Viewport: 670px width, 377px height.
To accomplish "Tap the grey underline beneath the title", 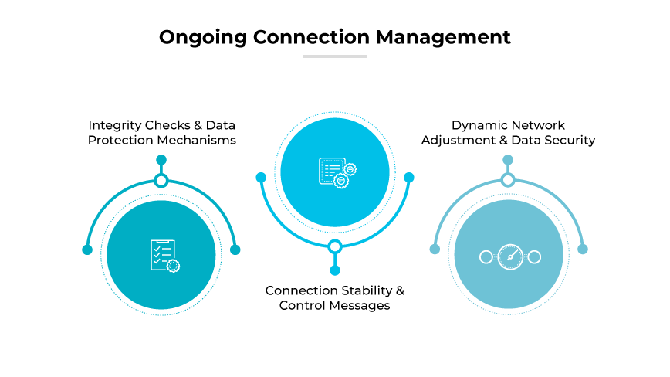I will (x=334, y=56).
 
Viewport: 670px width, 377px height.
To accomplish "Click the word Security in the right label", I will (x=568, y=140).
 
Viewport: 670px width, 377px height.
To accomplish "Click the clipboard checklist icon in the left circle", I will (x=162, y=255).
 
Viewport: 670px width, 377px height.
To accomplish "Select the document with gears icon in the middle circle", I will (x=336, y=172).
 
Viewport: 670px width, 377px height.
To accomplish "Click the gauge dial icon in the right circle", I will (x=509, y=257).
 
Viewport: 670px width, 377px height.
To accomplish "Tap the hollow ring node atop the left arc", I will (x=161, y=181).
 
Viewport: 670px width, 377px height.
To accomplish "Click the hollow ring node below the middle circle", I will (x=335, y=247).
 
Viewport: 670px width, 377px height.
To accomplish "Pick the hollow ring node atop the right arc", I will (x=508, y=180).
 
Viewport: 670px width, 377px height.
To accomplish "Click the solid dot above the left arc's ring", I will (x=161, y=160).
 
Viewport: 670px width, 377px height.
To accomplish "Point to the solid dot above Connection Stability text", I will (x=335, y=270).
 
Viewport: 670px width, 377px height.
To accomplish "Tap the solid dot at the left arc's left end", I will (x=87, y=250).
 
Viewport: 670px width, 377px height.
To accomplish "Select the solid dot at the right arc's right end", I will (x=583, y=249).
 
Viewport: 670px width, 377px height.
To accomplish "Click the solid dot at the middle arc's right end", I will (x=409, y=178).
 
